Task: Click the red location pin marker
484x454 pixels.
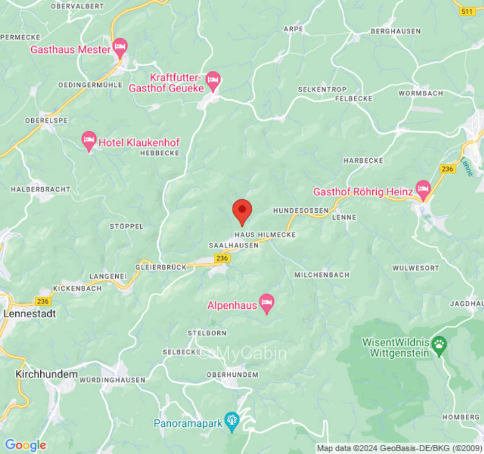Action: coord(242,212)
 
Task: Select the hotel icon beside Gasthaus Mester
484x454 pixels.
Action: coord(120,47)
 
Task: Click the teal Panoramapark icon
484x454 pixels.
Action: coord(231,421)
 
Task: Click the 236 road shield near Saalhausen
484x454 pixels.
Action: coord(222,258)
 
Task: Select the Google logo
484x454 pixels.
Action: coord(24,445)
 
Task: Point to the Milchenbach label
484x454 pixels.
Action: coord(321,275)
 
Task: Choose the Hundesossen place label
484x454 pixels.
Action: coord(301,211)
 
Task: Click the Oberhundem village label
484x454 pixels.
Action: coord(232,375)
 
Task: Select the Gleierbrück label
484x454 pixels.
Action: coord(161,267)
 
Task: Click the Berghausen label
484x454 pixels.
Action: coord(395,31)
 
